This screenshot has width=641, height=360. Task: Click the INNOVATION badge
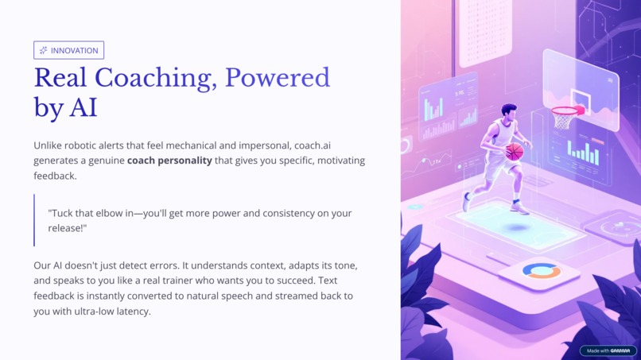pos(68,50)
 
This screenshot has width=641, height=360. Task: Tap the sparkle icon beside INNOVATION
pos(43,50)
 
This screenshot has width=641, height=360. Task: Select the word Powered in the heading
pos(277,78)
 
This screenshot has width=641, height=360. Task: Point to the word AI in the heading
pos(83,106)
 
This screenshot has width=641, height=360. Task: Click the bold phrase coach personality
pos(169,161)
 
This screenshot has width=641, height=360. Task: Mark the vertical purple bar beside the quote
pos(34,220)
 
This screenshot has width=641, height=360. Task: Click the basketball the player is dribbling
pos(515,152)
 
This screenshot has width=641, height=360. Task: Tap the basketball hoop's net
pos(564,120)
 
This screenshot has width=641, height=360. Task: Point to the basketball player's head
pos(508,111)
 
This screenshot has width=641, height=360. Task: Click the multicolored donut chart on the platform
pos(541,272)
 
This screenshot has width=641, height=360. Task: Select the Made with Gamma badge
pos(608,350)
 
